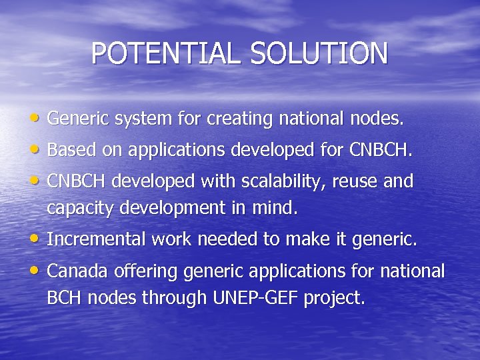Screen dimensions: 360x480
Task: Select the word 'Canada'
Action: [74, 271]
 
